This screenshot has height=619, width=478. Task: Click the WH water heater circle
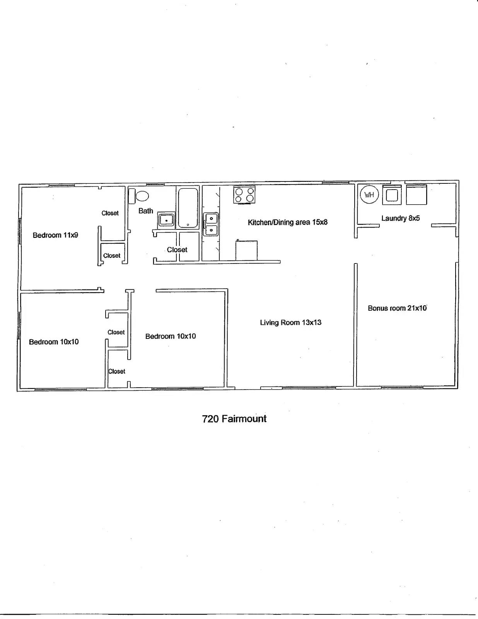click(369, 195)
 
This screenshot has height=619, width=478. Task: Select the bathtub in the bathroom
click(188, 208)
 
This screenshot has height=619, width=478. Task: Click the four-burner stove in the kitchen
click(244, 195)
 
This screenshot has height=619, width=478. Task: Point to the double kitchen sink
click(211, 224)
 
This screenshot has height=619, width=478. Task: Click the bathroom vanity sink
click(166, 220)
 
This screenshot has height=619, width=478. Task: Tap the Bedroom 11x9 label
click(55, 235)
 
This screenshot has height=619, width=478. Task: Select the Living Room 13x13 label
click(290, 323)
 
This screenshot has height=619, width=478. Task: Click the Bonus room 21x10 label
click(397, 308)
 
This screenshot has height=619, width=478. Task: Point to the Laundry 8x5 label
click(400, 218)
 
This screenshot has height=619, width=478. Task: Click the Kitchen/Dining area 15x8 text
click(287, 222)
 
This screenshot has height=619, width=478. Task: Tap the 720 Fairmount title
click(234, 419)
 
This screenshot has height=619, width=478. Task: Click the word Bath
click(146, 211)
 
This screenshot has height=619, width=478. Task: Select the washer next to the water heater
click(392, 195)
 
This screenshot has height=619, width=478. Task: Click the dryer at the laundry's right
click(416, 195)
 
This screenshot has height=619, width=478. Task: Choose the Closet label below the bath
click(177, 250)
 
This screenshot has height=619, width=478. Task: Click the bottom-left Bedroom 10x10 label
click(54, 342)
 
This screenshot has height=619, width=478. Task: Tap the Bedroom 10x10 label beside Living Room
click(171, 337)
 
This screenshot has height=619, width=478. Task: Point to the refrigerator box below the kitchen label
click(246, 251)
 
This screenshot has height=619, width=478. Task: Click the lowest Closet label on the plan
click(116, 371)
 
